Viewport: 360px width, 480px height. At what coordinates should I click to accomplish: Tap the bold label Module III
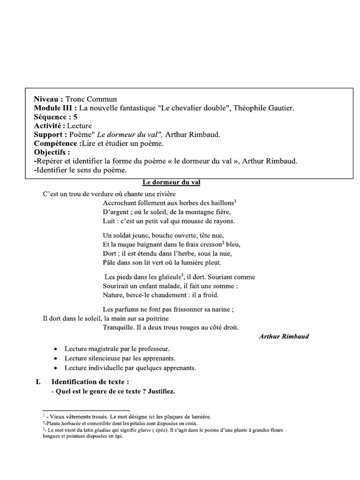pos(53,108)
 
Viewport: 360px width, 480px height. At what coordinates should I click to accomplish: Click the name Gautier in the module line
pos(280,108)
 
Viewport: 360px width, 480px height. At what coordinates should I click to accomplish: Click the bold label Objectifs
pos(52,152)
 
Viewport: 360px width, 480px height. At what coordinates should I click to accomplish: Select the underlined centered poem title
pos(171,182)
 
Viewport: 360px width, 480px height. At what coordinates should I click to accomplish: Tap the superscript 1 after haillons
pos(235,201)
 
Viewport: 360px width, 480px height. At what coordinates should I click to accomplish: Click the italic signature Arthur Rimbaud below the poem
pos(284,337)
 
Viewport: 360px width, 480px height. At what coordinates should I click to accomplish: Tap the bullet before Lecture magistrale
pos(56,350)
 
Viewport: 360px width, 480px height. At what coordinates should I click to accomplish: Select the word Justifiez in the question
pos(161,391)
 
